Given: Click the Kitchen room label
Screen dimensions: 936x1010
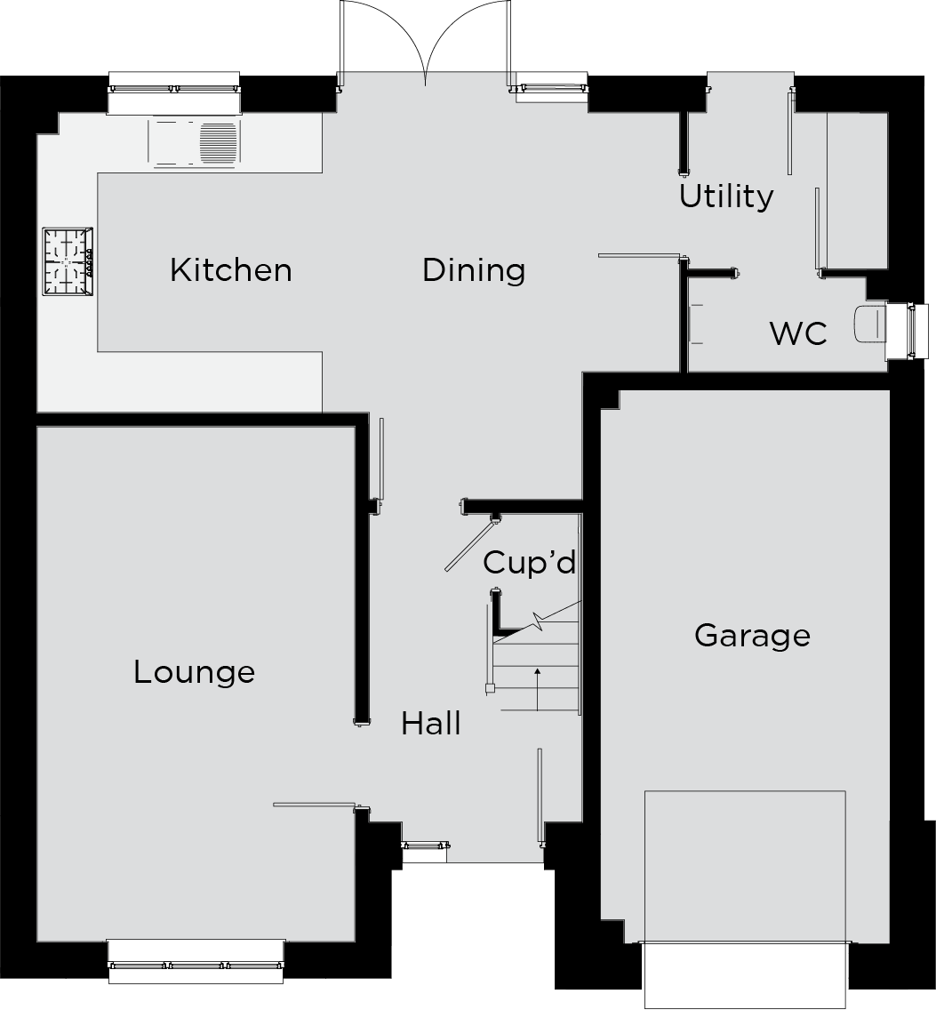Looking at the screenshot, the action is pos(230,270).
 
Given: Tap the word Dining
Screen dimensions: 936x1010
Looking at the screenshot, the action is pos(474,270).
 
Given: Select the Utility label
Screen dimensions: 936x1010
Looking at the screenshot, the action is pos(726,196).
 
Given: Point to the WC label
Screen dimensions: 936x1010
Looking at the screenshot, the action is pos(798,333).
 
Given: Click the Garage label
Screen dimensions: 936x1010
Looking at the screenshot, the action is pos(752,636).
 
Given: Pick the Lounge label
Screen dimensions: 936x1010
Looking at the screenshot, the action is pos(194,672).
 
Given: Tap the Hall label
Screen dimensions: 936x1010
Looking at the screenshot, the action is pos(430,724).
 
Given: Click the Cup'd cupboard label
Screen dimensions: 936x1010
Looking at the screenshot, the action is pos(529,562).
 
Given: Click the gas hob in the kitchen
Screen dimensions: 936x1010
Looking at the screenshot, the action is pos(68,261).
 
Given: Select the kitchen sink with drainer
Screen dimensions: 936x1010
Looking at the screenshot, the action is pos(195,142).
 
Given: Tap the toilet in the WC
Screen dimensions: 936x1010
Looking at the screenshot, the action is pos(869,324).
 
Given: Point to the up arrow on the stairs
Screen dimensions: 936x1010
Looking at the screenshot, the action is pos(537,689).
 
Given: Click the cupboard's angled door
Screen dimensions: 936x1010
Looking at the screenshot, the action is pos(470,546).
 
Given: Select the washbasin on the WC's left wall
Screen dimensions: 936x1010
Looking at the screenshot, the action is pos(696,324).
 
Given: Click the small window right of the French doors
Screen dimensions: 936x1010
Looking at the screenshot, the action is pos(551,88).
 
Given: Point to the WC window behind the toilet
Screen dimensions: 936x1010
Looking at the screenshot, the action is pos(908,331).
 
